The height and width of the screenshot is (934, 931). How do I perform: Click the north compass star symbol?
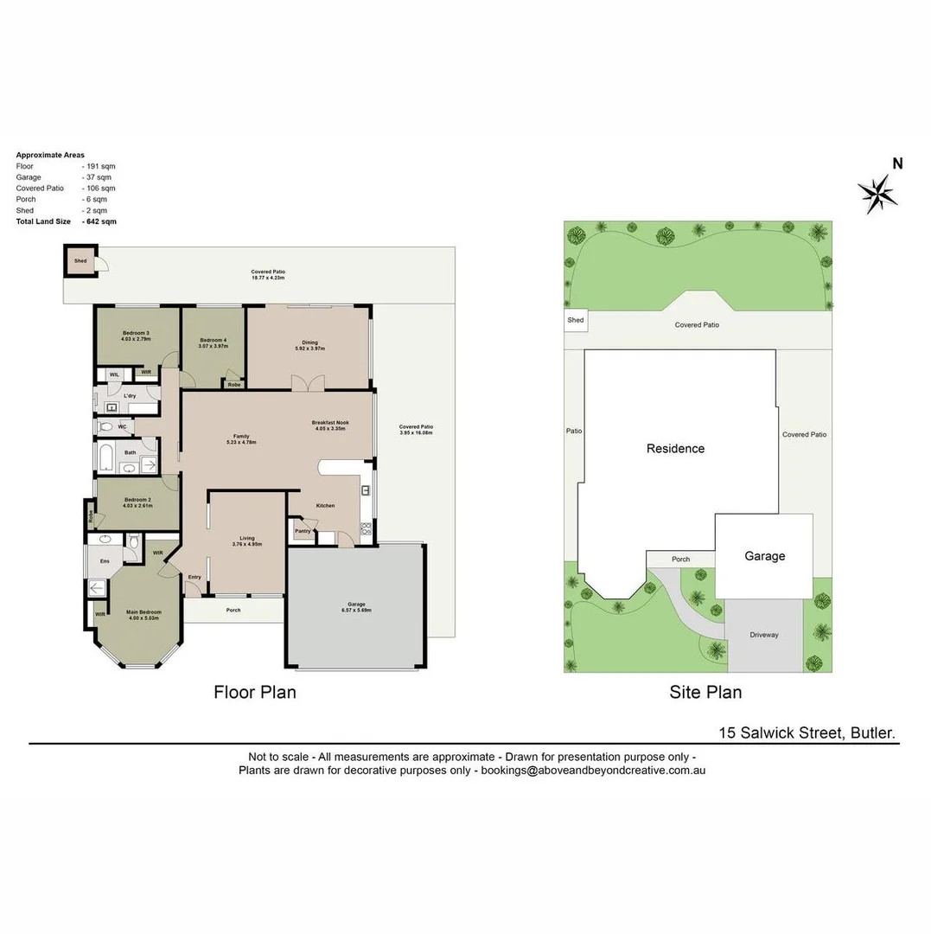(877, 193)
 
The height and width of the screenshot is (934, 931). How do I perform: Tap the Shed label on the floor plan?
(80, 260)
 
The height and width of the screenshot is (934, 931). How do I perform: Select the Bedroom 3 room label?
(136, 333)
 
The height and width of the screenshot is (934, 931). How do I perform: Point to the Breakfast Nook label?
(330, 423)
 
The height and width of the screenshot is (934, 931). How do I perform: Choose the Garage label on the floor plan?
(356, 605)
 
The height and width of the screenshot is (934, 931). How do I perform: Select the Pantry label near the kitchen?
(303, 531)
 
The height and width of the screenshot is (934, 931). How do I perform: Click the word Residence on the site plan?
(675, 448)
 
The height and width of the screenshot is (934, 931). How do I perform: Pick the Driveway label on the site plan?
(764, 635)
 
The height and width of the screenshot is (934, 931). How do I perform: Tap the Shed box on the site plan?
(576, 320)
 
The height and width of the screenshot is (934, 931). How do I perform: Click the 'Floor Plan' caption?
(255, 692)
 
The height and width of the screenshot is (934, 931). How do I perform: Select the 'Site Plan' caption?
(705, 692)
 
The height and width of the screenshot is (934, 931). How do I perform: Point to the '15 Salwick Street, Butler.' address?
(807, 732)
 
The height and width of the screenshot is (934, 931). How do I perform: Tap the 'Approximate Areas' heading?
(50, 155)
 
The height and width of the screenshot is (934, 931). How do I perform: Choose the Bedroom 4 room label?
(213, 341)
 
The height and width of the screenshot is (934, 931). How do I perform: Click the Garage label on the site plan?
(765, 556)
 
